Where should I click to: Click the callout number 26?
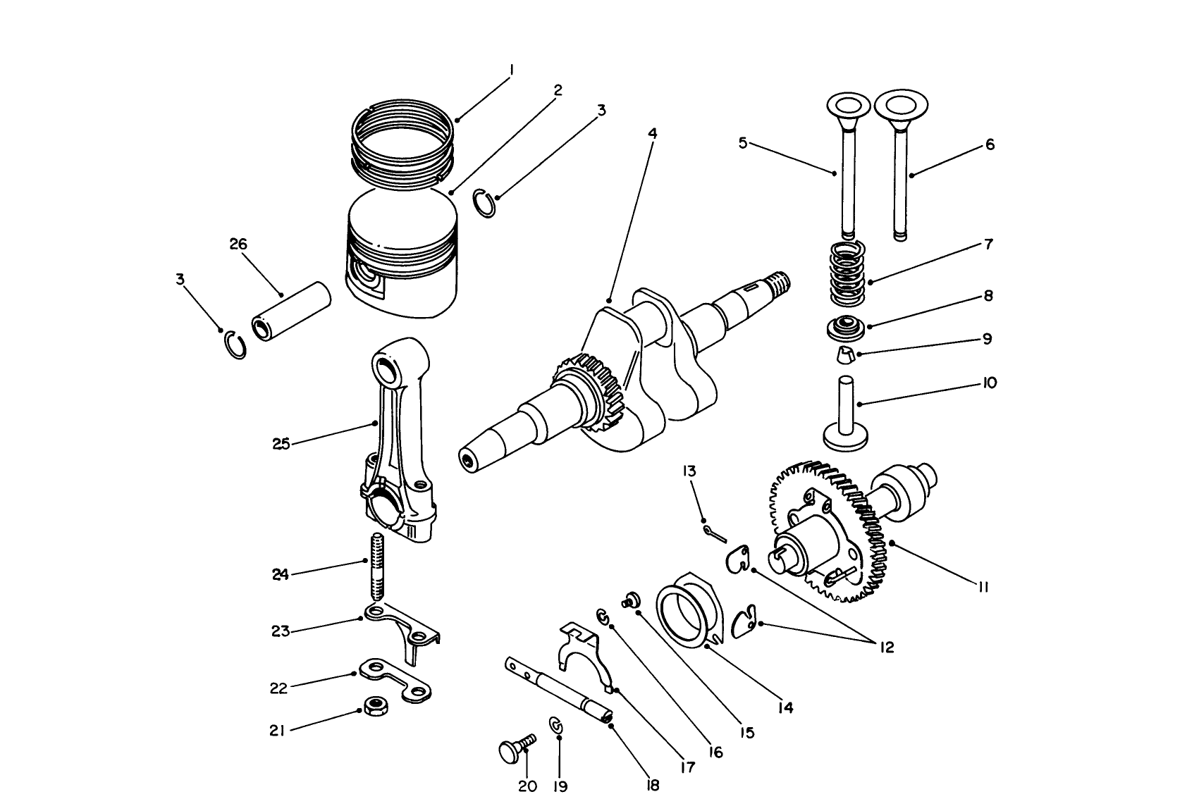(x=238, y=244)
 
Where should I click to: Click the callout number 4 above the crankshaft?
(x=652, y=132)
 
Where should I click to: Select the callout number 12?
(x=886, y=647)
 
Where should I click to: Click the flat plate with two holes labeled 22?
(x=395, y=680)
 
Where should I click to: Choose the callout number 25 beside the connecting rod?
(x=281, y=445)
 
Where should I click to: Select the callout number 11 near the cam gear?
(x=984, y=587)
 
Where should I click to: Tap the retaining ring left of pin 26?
(x=234, y=345)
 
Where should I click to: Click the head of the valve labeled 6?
(x=899, y=107)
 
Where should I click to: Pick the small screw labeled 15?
(x=630, y=600)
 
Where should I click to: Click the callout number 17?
(x=687, y=767)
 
